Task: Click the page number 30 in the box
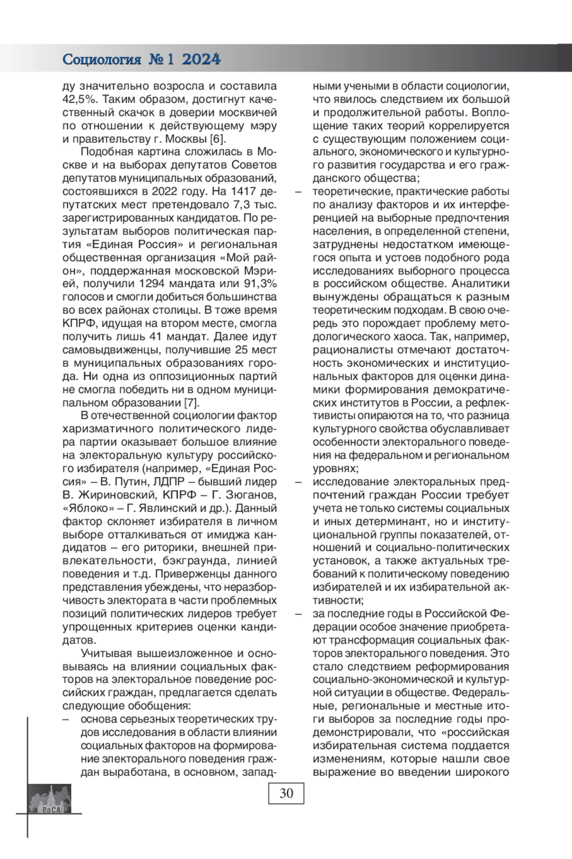[x=286, y=793]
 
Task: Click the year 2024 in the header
[x=202, y=60]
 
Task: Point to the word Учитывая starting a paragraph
[x=107, y=652]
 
